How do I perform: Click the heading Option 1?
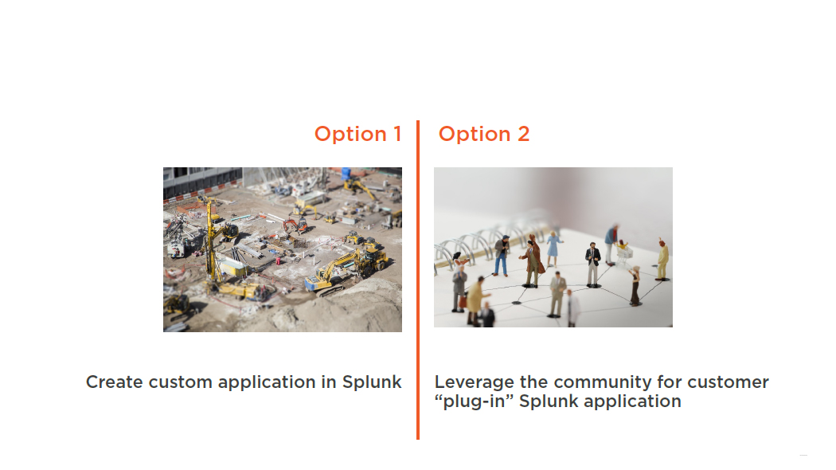[357, 134]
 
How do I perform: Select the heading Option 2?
[484, 134]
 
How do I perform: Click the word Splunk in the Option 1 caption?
[372, 382]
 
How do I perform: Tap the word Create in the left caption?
[114, 382]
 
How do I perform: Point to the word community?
[603, 382]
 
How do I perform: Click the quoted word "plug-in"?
[474, 401]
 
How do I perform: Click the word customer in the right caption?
[729, 382]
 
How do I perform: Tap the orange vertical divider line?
[418, 280]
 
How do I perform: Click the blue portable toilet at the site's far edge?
[346, 174]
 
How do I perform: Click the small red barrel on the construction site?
[278, 260]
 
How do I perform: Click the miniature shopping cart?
[623, 255]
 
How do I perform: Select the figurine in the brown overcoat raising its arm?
[532, 260]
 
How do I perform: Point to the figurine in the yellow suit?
[662, 260]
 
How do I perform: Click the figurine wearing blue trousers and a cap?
[501, 256]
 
